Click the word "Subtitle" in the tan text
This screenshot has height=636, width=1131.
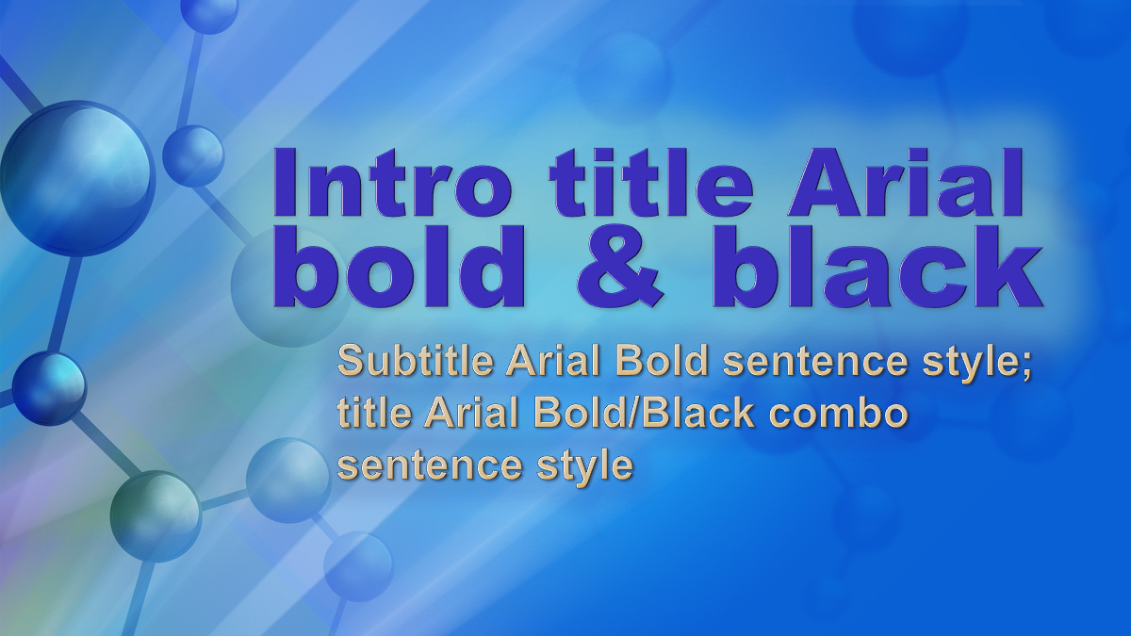[x=416, y=362]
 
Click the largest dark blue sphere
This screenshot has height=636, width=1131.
[x=76, y=178]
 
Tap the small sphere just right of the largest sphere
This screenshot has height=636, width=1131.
[x=193, y=155]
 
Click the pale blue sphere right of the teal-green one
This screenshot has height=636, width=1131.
[x=288, y=481]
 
